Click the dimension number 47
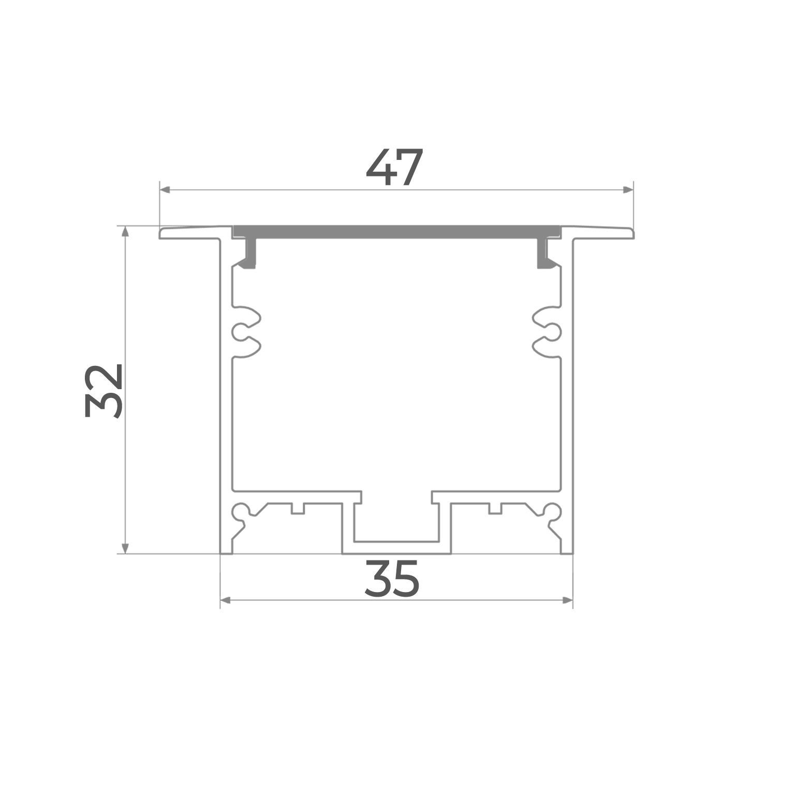coord(395,167)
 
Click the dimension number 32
coord(102,391)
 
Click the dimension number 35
coord(392,579)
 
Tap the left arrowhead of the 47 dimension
coord(165,190)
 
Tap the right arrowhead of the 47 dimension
coord(628,190)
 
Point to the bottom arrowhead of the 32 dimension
coord(125,548)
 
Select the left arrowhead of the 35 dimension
coord(226,600)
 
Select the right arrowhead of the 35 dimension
coord(568,600)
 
